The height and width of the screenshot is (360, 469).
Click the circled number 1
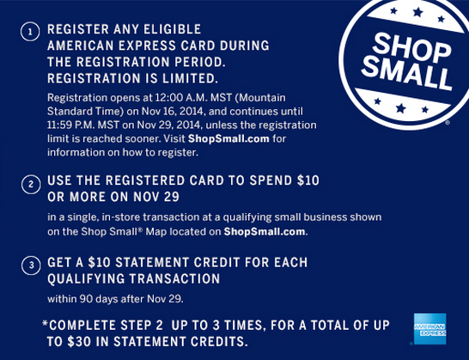pyautogui.click(x=29, y=30)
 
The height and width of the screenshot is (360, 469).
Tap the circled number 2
pyautogui.click(x=29, y=184)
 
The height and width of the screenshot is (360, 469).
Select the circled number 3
pyautogui.click(x=29, y=265)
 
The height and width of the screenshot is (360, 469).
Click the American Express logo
pyautogui.click(x=429, y=329)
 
